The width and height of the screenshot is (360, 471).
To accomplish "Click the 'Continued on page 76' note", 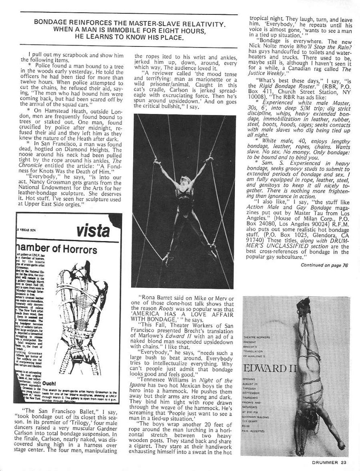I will (x=324, y=266).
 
